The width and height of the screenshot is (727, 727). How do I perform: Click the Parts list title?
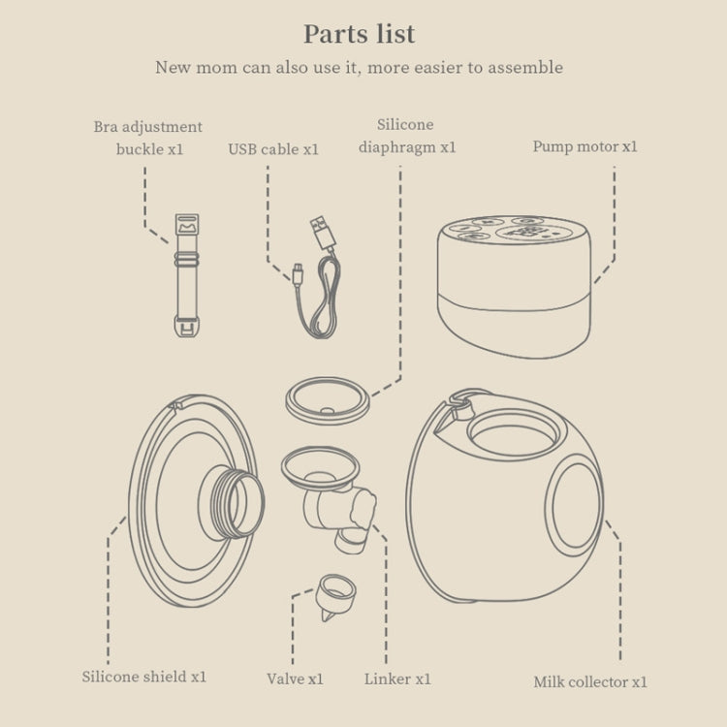(360, 34)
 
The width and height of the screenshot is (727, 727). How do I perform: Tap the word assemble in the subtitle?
(525, 68)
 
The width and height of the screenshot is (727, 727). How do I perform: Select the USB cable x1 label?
(273, 149)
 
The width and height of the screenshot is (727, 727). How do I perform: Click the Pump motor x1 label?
(585, 147)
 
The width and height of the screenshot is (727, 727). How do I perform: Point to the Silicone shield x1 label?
(144, 677)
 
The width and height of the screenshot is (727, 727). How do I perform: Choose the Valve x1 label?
(295, 680)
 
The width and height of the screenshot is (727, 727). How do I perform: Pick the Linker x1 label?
(397, 680)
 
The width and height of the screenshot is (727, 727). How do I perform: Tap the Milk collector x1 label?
(589, 682)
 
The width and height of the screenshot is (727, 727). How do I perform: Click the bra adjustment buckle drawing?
(187, 275)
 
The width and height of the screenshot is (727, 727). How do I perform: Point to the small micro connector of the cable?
(298, 273)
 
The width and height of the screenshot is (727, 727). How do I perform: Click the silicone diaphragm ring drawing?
(328, 400)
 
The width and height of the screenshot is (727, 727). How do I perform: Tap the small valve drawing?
(334, 597)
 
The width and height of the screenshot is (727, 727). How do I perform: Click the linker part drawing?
(330, 498)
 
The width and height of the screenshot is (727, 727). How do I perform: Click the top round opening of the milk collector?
(514, 435)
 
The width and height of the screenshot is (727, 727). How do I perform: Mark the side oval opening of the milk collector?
(575, 505)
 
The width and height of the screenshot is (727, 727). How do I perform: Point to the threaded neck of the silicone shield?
(232, 503)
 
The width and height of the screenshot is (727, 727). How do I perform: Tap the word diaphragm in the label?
(397, 148)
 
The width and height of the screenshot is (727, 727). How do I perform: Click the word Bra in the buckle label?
(106, 127)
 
